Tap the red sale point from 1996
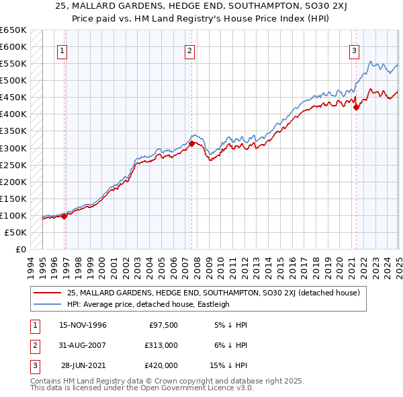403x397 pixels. [x=64, y=216]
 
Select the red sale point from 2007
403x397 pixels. [x=191, y=143]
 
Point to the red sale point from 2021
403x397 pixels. [x=356, y=107]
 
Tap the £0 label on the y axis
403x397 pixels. [x=21, y=249]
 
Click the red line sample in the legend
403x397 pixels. [x=47, y=293]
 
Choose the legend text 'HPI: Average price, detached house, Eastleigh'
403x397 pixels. [x=148, y=304]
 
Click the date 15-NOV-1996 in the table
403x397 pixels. [x=83, y=325]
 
